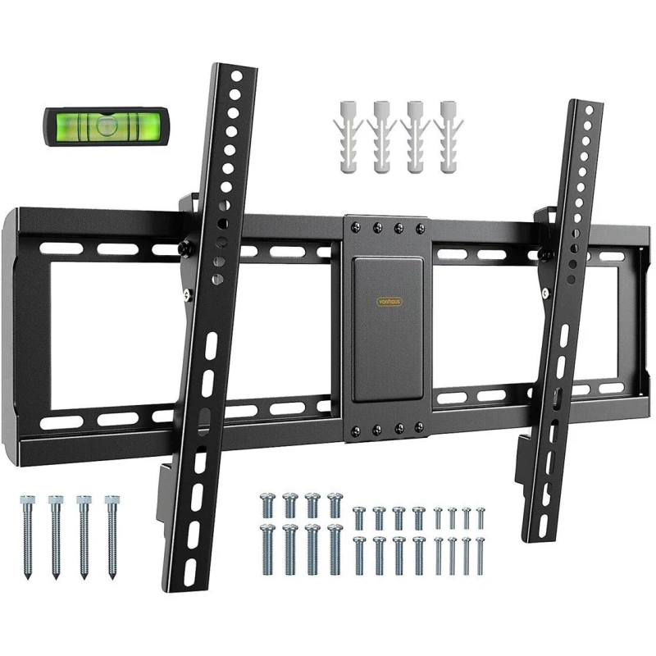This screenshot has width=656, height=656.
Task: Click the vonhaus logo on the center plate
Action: point(385,301)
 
